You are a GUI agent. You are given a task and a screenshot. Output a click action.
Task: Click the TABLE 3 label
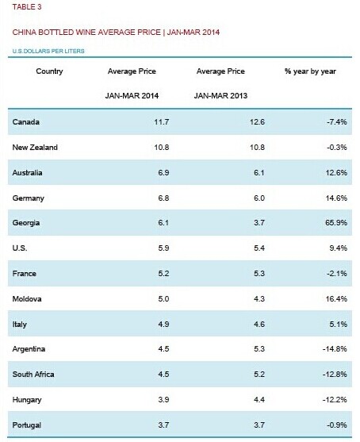tap(27, 7)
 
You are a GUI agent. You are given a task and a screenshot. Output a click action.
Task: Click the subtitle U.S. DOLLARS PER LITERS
tap(48, 52)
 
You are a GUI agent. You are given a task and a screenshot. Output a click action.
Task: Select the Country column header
tap(49, 71)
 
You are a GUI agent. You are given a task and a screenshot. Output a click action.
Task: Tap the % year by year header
tap(310, 71)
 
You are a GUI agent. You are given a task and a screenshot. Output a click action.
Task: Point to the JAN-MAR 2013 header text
tap(220, 96)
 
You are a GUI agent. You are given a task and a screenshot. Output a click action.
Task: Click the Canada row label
tap(25, 122)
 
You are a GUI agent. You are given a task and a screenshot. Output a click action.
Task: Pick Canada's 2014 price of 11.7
tap(162, 122)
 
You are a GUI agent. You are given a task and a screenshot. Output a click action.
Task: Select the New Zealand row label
tap(35, 148)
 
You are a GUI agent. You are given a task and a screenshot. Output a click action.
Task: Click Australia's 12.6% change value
tap(336, 172)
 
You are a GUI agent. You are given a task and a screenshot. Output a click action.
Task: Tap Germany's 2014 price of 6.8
tap(163, 198)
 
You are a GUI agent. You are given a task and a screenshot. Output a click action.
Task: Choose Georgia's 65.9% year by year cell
tap(336, 223)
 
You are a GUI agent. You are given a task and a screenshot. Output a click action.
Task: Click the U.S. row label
tap(20, 248)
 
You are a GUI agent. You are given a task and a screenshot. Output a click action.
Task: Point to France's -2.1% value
tap(337, 274)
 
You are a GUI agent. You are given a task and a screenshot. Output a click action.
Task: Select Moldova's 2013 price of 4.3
tap(259, 299)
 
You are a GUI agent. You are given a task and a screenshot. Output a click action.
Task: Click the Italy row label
tap(20, 325)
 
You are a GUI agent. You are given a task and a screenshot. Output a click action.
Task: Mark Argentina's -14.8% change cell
tap(335, 349)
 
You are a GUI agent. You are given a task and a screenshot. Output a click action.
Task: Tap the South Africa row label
tap(33, 375)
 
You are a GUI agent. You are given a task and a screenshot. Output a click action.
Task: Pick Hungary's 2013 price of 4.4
tap(259, 400)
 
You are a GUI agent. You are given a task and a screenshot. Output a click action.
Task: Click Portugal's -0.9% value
tap(337, 425)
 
